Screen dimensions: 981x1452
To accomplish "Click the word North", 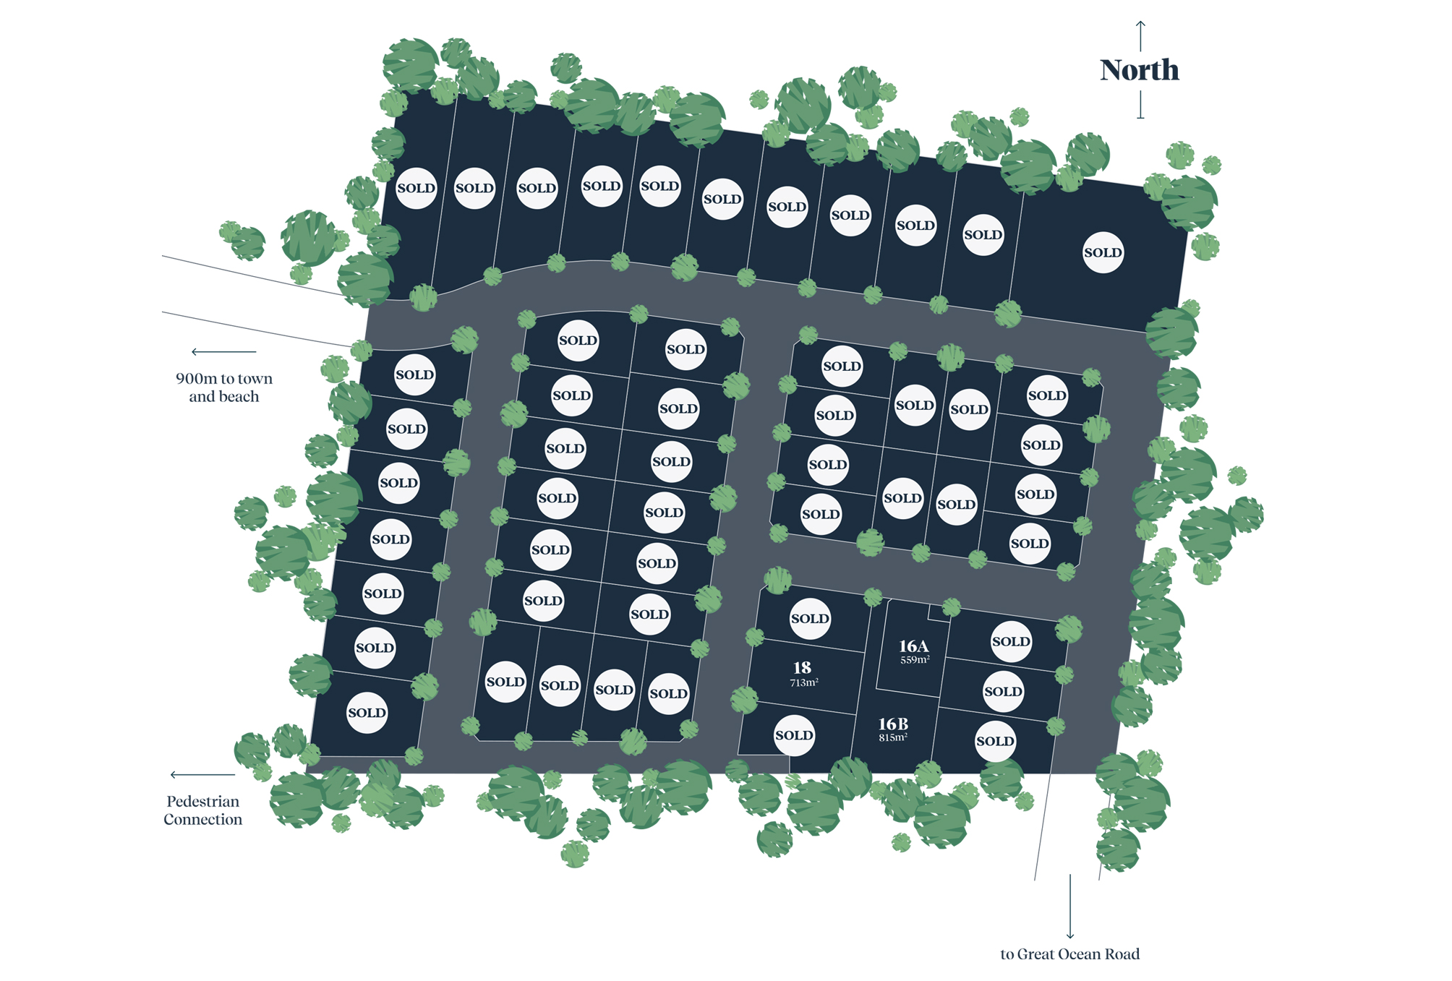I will (1139, 70).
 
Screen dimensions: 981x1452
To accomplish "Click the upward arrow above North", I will (1140, 35).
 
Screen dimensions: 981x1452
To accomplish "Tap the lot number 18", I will (802, 668).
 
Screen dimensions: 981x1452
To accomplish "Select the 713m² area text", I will (804, 682).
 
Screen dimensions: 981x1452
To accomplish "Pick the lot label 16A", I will (913, 646).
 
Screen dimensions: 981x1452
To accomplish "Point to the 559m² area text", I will (915, 660).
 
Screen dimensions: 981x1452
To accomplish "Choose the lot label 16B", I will (893, 724).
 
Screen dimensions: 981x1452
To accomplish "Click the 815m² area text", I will (893, 737).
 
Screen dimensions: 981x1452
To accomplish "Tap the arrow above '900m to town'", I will (223, 352).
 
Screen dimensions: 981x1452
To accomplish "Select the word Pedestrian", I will (202, 801).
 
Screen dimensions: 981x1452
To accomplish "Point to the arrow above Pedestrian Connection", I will (202, 775).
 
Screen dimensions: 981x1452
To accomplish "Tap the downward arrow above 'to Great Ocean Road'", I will (1070, 907).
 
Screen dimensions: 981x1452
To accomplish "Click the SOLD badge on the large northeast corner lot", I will (1103, 252).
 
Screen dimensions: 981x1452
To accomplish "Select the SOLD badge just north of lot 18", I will (810, 619).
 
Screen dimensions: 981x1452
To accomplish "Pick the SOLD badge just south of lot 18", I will (794, 735).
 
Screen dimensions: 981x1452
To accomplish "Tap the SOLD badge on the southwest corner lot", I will (367, 713).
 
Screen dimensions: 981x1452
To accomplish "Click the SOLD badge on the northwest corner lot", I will (417, 188).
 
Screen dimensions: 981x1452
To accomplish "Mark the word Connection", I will (202, 820).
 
